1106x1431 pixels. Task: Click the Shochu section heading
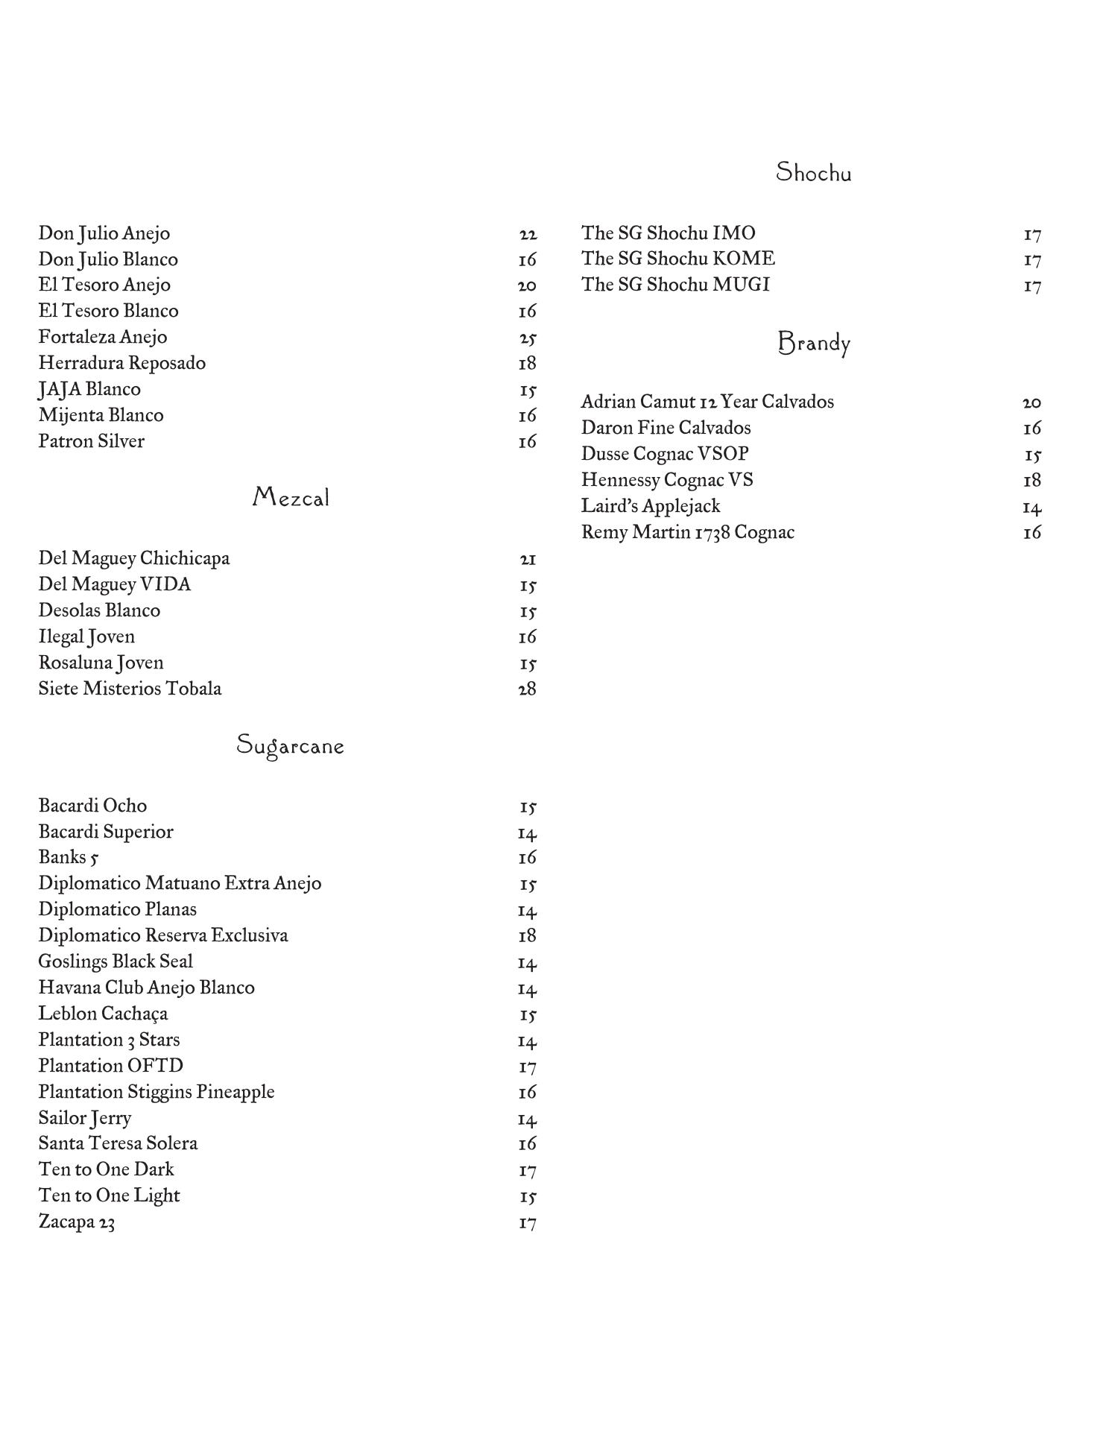813,173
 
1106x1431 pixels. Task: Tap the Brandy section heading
813,344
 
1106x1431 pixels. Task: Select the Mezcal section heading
291,497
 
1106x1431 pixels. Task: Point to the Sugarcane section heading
290,745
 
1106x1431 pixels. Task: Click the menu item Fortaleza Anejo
103,337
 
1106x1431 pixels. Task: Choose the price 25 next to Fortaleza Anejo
528,338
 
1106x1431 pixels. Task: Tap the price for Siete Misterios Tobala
528,689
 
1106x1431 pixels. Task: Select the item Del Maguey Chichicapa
134,558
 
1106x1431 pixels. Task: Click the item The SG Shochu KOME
677,259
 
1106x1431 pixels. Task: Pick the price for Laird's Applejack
1032,508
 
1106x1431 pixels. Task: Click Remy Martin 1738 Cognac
687,532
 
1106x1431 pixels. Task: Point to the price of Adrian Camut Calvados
1032,403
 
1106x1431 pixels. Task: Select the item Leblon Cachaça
103,1014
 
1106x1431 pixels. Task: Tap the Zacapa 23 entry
77,1222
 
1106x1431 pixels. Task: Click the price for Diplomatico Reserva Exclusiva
528,936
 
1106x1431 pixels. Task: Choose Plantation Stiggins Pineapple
157,1092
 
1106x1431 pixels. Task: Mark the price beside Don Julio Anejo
528,235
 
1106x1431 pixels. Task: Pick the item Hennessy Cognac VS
667,480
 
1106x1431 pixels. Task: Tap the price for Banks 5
528,858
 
